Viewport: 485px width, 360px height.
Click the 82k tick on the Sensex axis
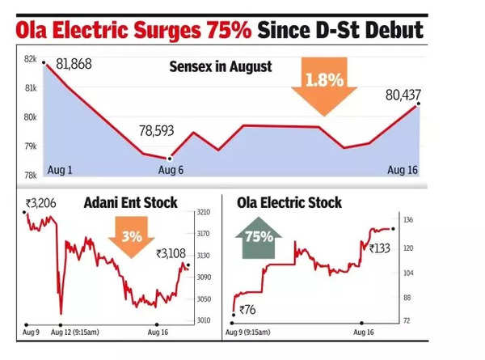30,60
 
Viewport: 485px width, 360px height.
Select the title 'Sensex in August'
220,66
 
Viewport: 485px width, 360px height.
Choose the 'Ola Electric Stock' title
290,202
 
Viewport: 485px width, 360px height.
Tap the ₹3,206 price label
40,202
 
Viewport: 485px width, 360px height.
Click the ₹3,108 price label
171,253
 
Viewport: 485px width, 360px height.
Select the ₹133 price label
381,248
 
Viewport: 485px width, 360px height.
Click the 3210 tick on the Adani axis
204,213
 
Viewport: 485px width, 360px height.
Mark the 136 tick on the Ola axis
407,219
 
